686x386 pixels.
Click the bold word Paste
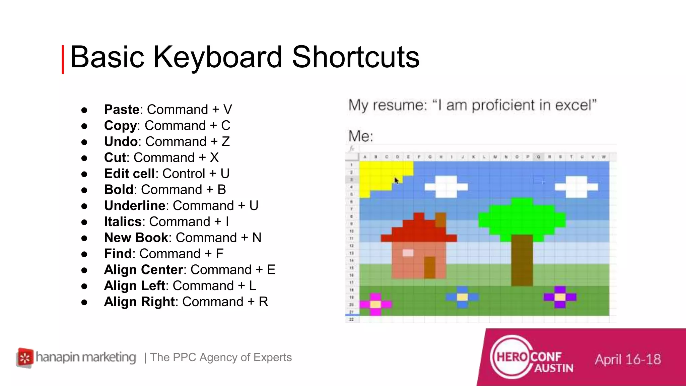point(122,110)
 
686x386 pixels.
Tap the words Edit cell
point(129,174)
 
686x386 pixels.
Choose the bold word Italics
point(123,221)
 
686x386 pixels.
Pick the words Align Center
point(143,270)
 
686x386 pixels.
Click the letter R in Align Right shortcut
point(263,302)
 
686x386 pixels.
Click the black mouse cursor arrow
point(397,181)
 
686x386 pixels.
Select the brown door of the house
point(429,267)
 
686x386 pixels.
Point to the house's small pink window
point(408,253)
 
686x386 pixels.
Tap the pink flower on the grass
point(375,304)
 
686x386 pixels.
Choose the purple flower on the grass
point(560,297)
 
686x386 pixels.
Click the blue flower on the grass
point(462,297)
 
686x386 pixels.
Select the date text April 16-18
point(628,360)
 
